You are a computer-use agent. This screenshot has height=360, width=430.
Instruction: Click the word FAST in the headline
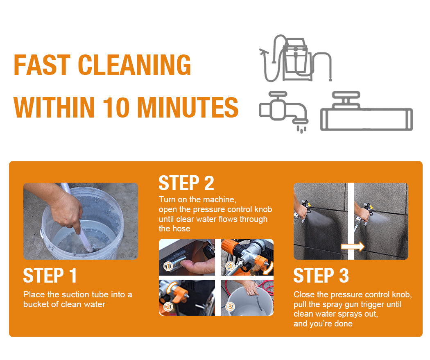pyautogui.click(x=42, y=65)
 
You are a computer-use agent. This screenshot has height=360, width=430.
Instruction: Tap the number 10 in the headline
pyautogui.click(x=116, y=107)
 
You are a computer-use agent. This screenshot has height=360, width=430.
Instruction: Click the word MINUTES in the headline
pyautogui.click(x=188, y=107)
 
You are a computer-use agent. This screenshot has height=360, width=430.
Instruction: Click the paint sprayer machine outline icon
pyautogui.click(x=296, y=59)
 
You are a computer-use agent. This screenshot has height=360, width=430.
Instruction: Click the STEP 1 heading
pyautogui.click(x=50, y=276)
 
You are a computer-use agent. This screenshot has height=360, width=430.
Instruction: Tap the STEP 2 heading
pyautogui.click(x=186, y=183)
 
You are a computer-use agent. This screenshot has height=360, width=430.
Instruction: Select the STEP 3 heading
pyautogui.click(x=321, y=276)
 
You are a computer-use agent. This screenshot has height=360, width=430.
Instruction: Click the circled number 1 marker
pyautogui.click(x=168, y=266)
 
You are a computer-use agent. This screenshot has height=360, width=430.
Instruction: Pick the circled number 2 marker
pyautogui.click(x=168, y=307)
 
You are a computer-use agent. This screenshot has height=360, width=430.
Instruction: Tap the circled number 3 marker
pyautogui.click(x=230, y=306)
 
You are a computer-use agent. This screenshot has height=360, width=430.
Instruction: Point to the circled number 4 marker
pyautogui.click(x=230, y=266)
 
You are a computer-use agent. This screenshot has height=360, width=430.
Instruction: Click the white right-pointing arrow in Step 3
pyautogui.click(x=353, y=247)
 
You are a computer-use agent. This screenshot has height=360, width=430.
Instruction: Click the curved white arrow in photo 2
pyautogui.click(x=172, y=288)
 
